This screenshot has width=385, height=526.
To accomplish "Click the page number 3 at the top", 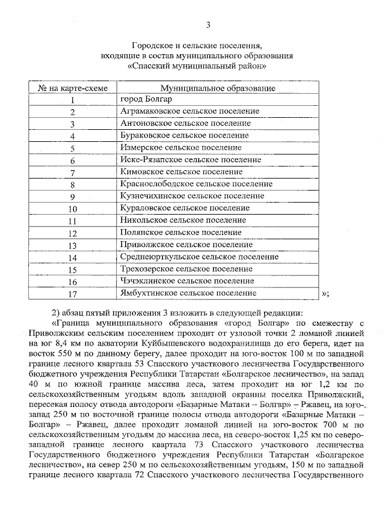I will tap(208, 25).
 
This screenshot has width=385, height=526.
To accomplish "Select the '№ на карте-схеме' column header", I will tap(73, 88).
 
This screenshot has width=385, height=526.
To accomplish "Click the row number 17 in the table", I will tap(73, 294).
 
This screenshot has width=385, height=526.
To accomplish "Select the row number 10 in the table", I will tap(73, 209).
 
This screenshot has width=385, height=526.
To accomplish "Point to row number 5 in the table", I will tap(73, 148).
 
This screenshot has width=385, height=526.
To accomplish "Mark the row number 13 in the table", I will tap(73, 245).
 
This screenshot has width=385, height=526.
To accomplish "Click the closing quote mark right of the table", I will tap(325, 293).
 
